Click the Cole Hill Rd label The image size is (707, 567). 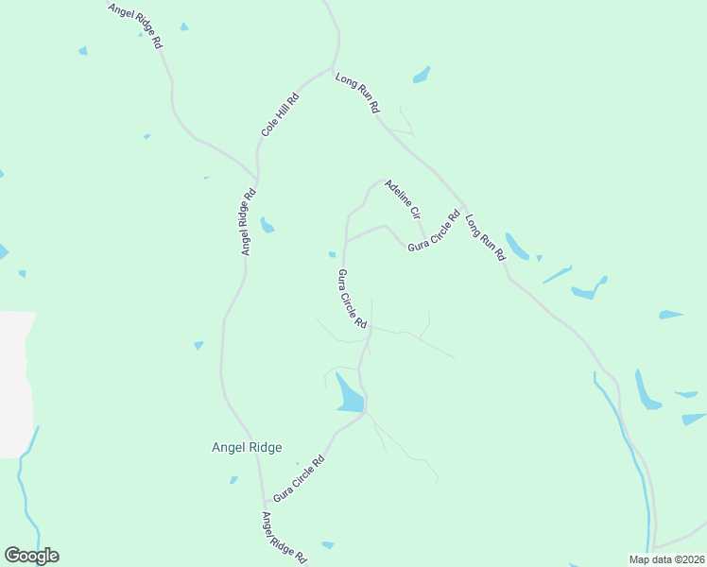point(281,113)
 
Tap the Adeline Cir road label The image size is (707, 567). point(402,199)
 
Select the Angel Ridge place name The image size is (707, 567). point(247,448)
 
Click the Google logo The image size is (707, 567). point(31,556)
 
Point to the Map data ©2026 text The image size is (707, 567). point(666,559)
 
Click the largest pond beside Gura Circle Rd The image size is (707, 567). point(349,394)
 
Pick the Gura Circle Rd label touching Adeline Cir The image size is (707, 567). point(433,232)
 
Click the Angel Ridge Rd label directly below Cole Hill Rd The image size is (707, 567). point(249,222)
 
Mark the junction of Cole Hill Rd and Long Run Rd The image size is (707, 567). point(331,69)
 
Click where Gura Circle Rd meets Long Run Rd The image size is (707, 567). point(463,206)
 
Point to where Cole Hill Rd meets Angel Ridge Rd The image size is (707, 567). point(257,177)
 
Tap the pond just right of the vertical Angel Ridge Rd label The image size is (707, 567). point(267,226)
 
